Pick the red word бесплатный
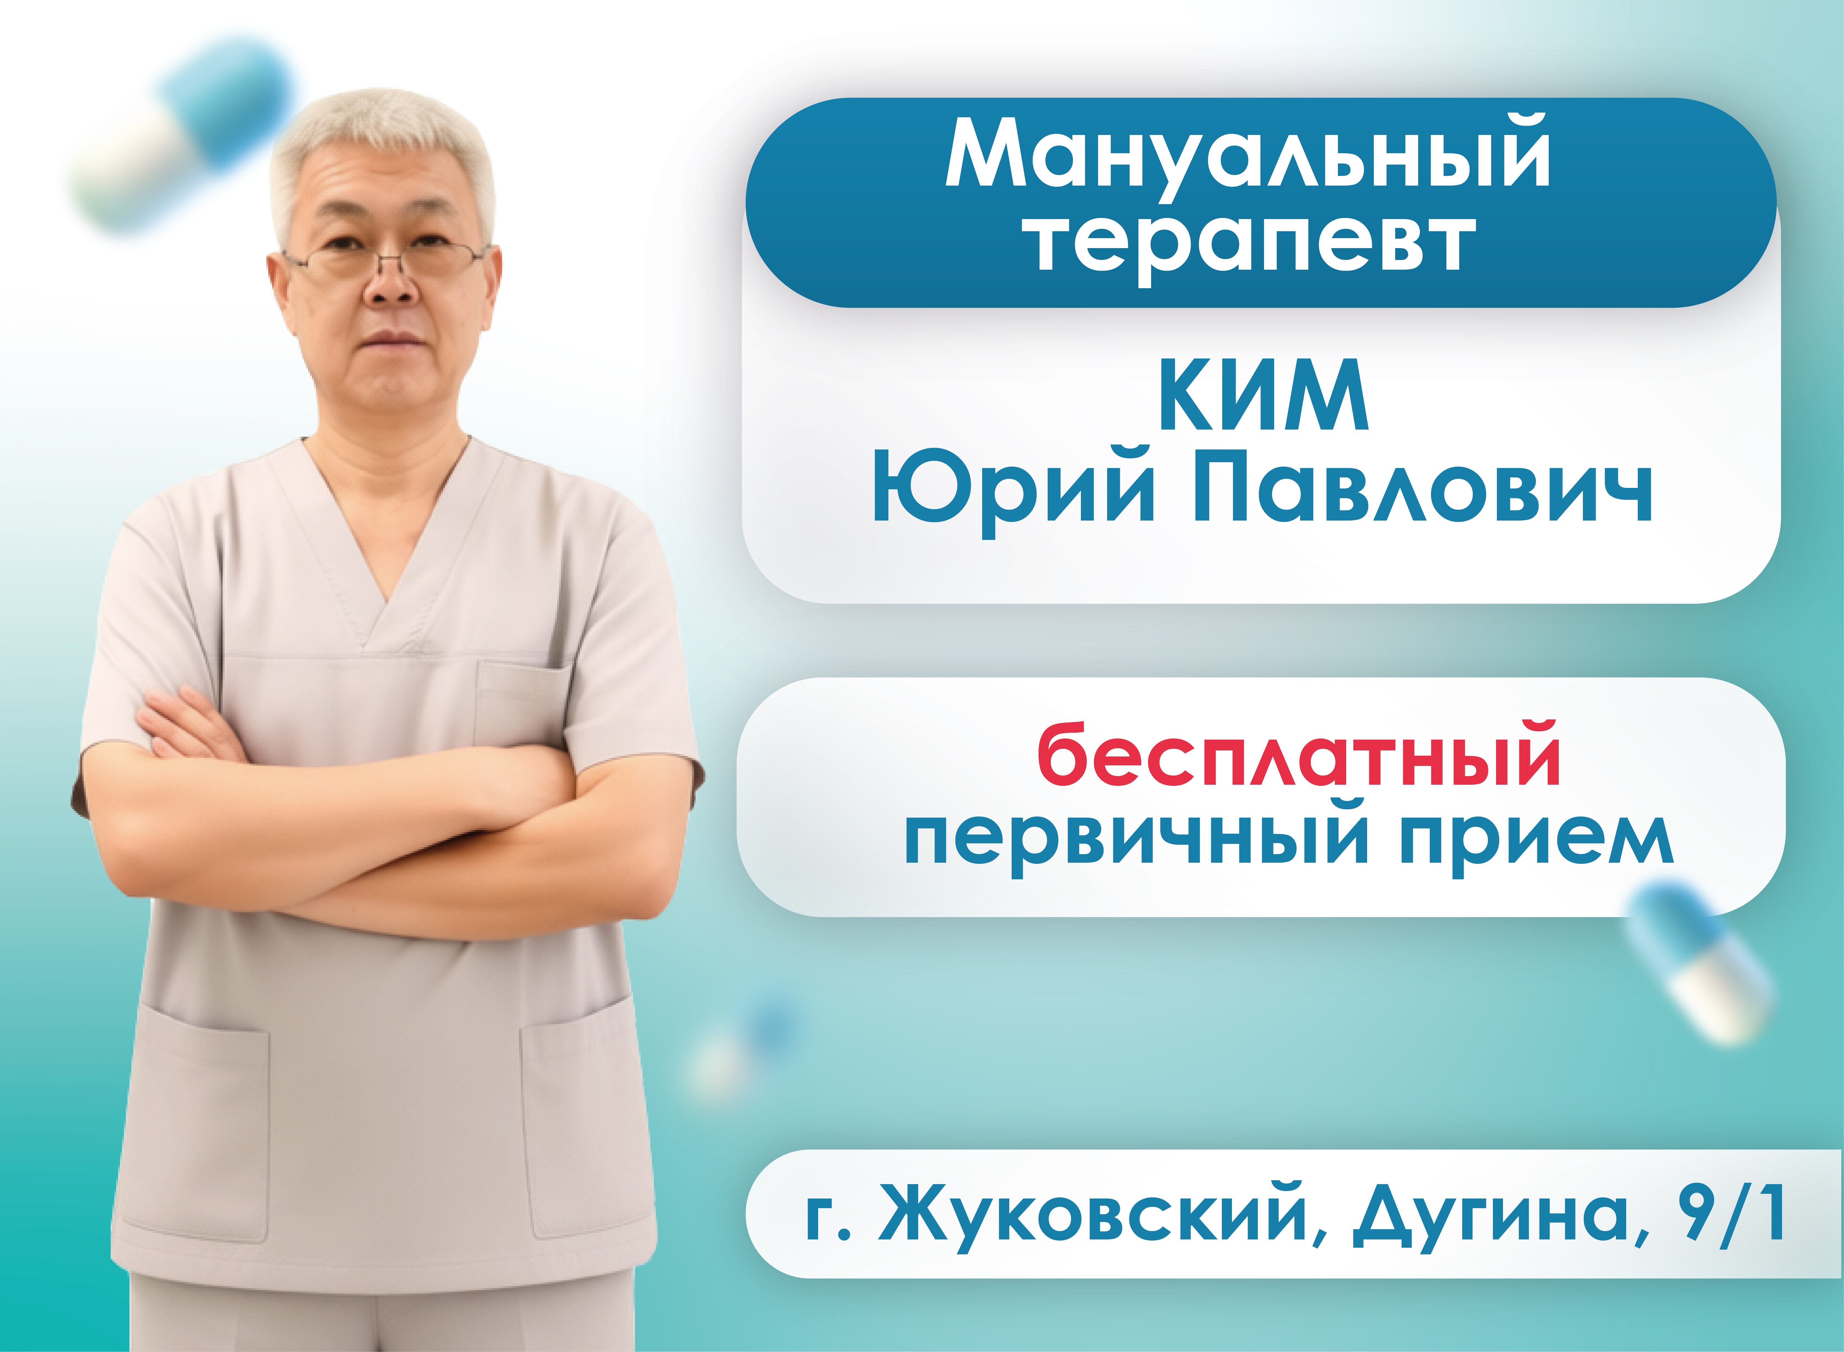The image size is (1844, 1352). (x=1299, y=755)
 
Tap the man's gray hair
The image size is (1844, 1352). (x=381, y=139)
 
